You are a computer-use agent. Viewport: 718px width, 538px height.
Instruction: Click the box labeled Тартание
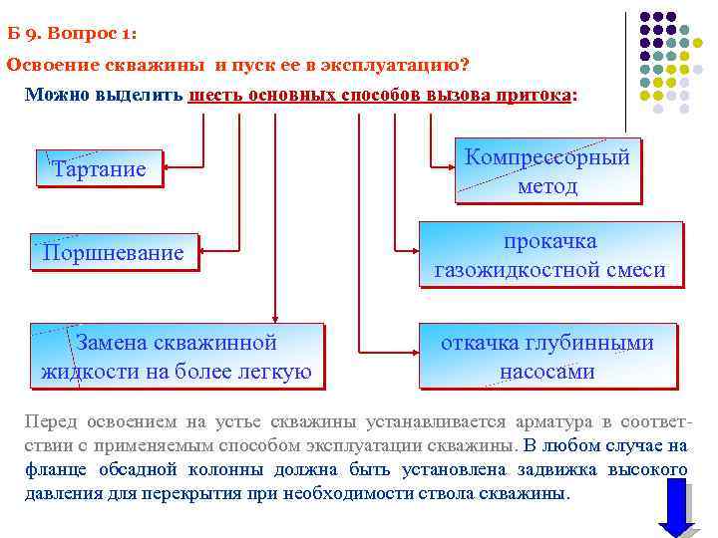[99, 168]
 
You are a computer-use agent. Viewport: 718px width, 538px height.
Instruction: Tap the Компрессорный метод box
[546, 171]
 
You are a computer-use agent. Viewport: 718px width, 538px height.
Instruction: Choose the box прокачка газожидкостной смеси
[549, 255]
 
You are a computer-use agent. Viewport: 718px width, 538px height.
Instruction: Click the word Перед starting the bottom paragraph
[49, 420]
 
